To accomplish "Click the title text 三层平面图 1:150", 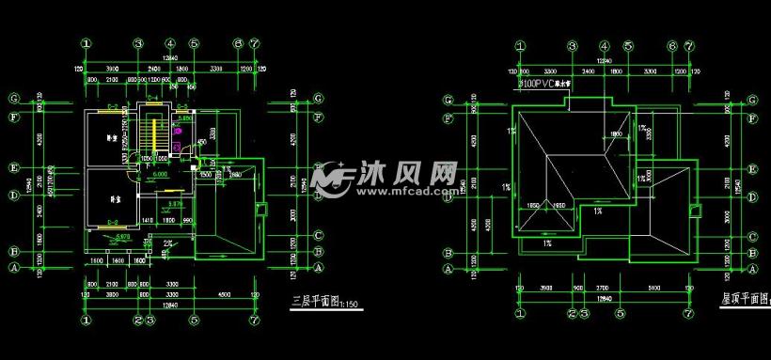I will (x=321, y=302).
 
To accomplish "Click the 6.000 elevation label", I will (x=160, y=175).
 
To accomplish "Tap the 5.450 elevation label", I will (x=186, y=119).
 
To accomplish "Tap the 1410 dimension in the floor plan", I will (x=148, y=220).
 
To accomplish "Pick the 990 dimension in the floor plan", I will (x=187, y=220).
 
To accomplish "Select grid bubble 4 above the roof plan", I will (x=603, y=44).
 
